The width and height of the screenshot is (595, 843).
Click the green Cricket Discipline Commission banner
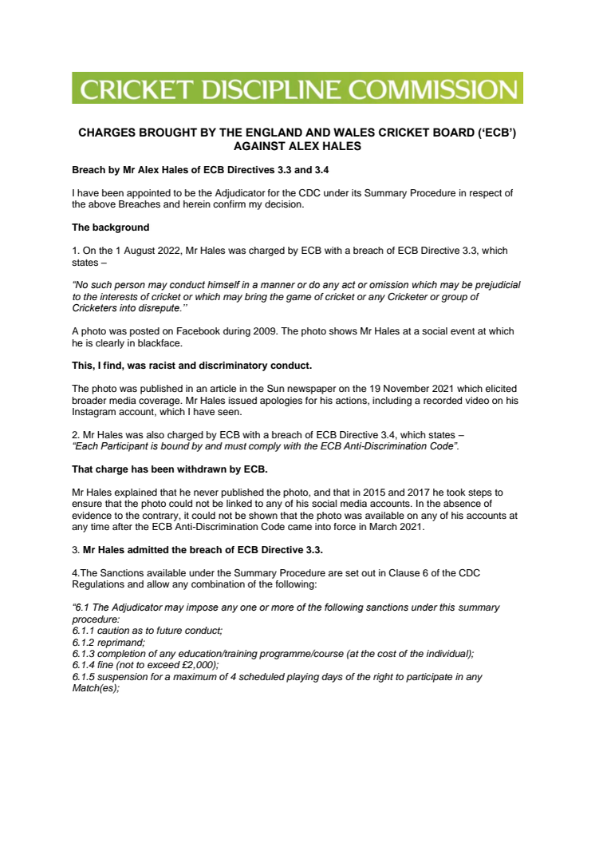297,88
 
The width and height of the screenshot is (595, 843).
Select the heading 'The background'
105,228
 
